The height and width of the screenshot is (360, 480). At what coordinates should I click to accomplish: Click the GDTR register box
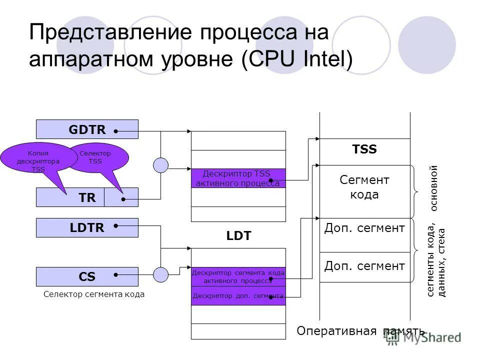[87, 129]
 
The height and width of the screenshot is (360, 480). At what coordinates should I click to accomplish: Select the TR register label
[87, 198]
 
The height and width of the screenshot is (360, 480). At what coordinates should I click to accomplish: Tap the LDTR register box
[87, 228]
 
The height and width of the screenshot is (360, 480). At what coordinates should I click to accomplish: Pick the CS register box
[87, 276]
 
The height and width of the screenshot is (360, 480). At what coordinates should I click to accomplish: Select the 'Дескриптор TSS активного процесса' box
[238, 178]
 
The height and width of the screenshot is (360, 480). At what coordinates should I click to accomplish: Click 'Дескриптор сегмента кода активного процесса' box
[238, 276]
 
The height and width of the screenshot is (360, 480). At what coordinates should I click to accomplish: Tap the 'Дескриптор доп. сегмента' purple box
[238, 295]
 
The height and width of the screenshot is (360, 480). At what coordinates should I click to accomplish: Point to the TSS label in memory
[364, 149]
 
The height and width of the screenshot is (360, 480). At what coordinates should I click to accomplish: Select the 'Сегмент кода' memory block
[364, 187]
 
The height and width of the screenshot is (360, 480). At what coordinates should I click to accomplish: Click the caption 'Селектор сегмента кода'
[94, 294]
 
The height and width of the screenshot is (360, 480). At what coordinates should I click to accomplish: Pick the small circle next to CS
[161, 274]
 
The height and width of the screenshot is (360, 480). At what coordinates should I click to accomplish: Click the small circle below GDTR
[161, 165]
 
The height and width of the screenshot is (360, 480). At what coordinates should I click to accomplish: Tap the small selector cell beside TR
[121, 198]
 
